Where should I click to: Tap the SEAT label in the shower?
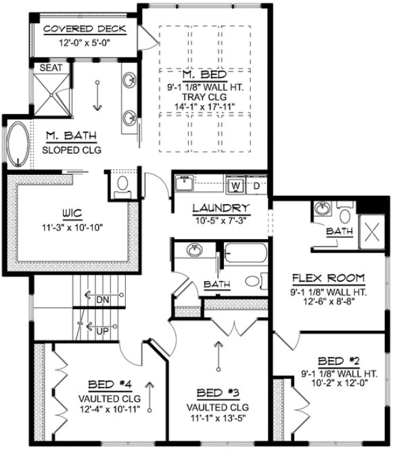pyautogui.click(x=51, y=68)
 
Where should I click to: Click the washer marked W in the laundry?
pyautogui.click(x=236, y=184)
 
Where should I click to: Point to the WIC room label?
pyautogui.click(x=74, y=213)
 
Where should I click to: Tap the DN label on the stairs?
pyautogui.click(x=103, y=299)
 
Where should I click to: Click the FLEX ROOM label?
pyautogui.click(x=329, y=278)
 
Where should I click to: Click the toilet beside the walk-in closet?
pyautogui.click(x=122, y=184)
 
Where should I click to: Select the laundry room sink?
pyautogui.click(x=184, y=183)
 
